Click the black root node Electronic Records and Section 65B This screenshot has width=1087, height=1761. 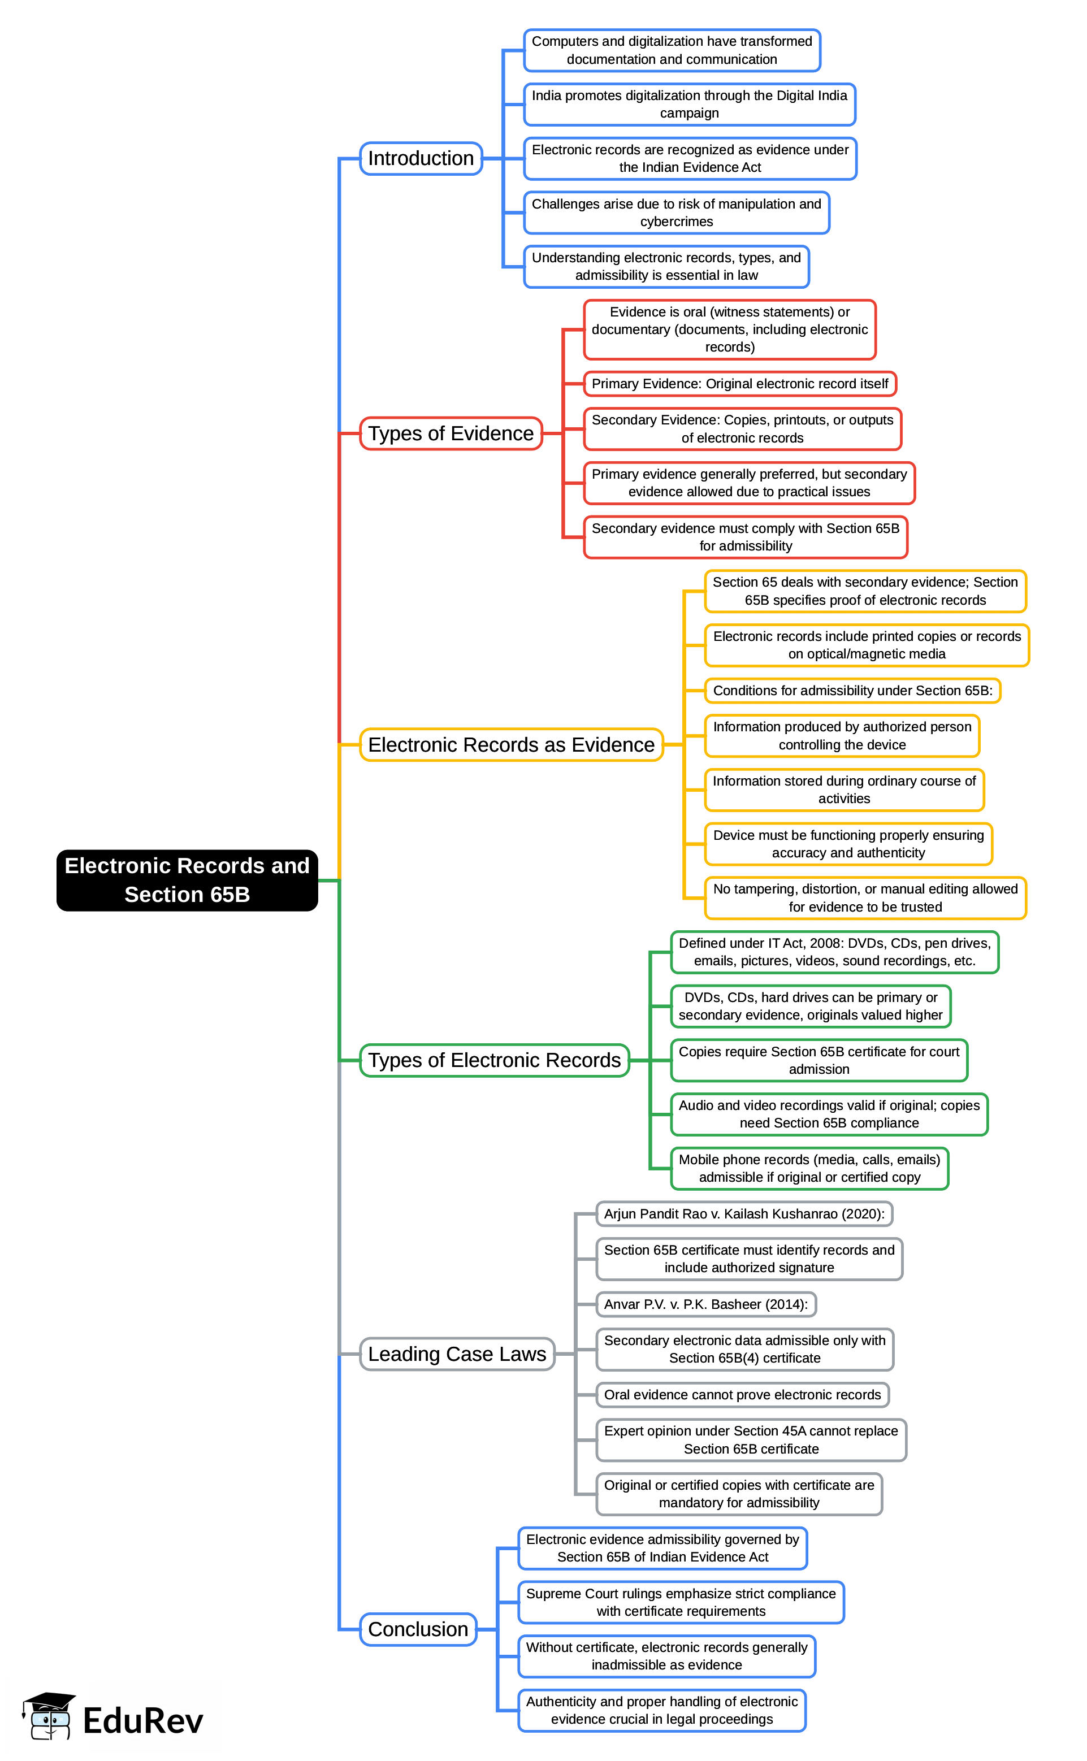coord(187,880)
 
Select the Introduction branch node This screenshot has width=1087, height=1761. coord(421,158)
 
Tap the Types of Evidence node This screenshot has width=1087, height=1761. coord(451,433)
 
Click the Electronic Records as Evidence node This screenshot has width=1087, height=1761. coord(511,745)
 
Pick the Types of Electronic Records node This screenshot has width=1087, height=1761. coord(494,1060)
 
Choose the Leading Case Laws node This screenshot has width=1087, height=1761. coord(457,1354)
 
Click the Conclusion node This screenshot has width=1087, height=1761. coord(418,1629)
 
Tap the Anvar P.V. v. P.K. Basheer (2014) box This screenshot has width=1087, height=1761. coord(705,1304)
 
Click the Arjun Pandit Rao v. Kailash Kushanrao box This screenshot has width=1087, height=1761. coord(744,1214)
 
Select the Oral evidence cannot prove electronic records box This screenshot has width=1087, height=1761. coord(742,1395)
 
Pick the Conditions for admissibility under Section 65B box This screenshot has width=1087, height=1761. coord(852,691)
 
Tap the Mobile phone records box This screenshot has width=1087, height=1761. coord(809,1169)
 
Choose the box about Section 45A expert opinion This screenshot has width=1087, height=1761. coord(751,1441)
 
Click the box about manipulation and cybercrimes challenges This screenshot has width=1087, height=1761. coord(676,212)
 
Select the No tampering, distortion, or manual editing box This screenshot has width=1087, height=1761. coord(865,898)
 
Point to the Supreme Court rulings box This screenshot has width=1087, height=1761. coord(680,1602)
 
